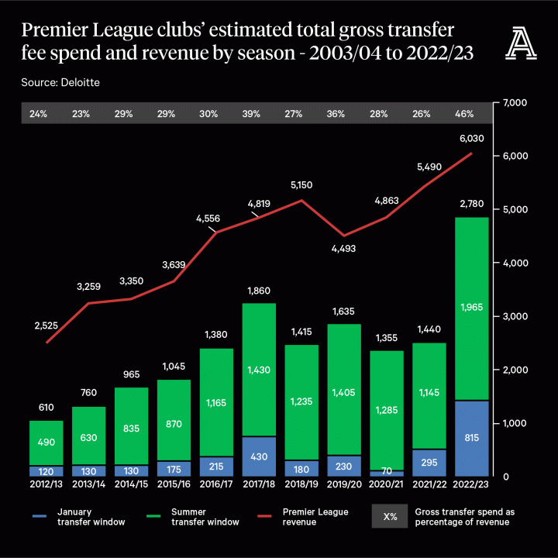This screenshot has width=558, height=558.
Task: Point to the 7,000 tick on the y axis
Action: [x=515, y=103]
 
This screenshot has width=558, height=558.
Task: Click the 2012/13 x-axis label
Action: [x=46, y=484]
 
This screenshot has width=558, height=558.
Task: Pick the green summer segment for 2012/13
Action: [x=46, y=443]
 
